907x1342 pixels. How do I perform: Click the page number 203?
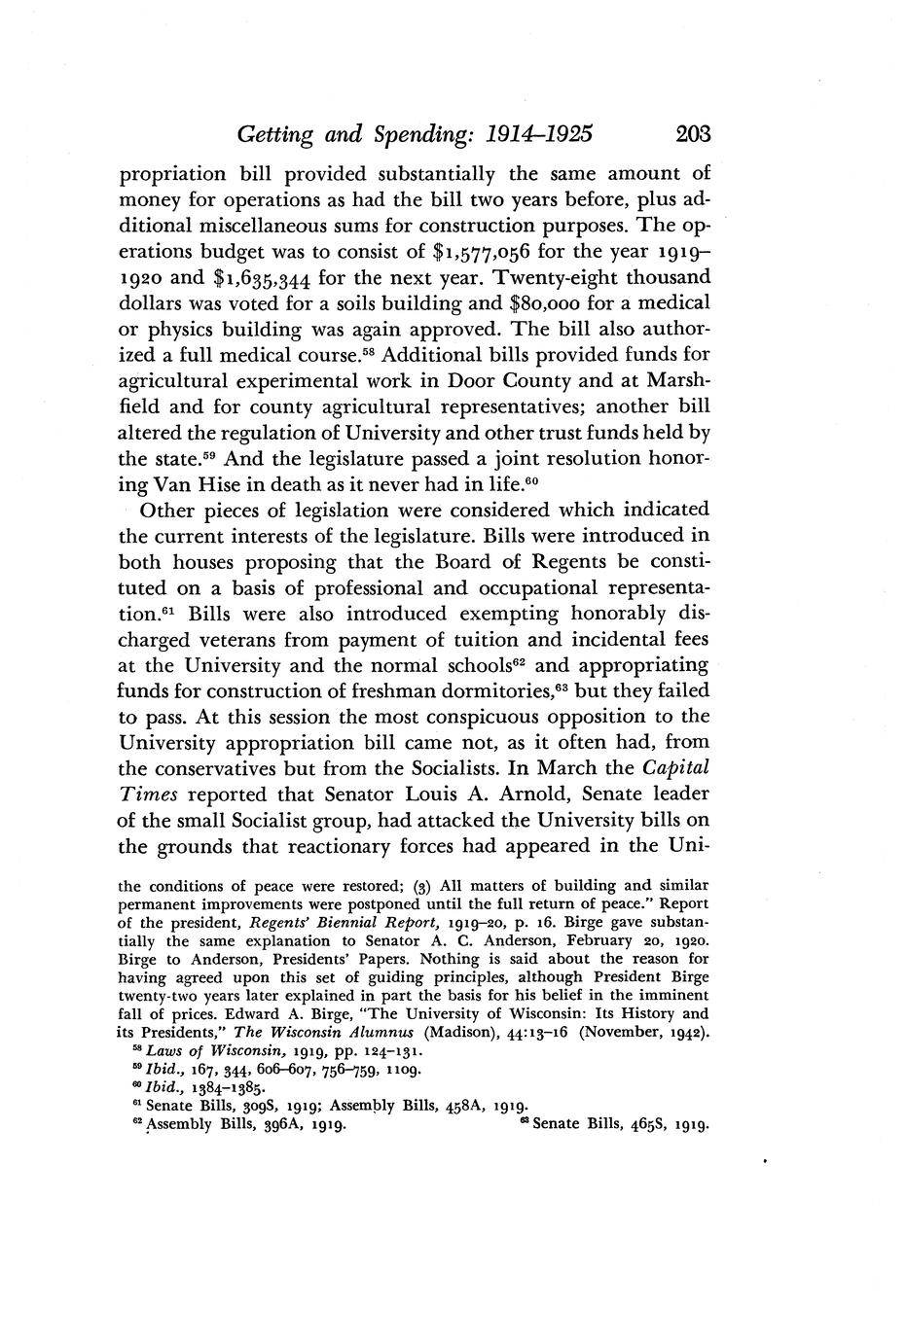pyautogui.click(x=684, y=133)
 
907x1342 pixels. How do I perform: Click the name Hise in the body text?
pyautogui.click(x=214, y=483)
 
